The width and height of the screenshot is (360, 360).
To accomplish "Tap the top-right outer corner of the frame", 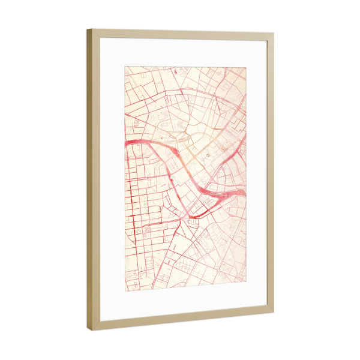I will pyautogui.click(x=274, y=34).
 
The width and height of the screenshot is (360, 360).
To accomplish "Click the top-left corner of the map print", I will pyautogui.click(x=125, y=66).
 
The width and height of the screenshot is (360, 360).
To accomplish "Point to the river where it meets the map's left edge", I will pyautogui.click(x=126, y=144).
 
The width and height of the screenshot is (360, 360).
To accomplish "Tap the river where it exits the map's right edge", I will pyautogui.click(x=244, y=191).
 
